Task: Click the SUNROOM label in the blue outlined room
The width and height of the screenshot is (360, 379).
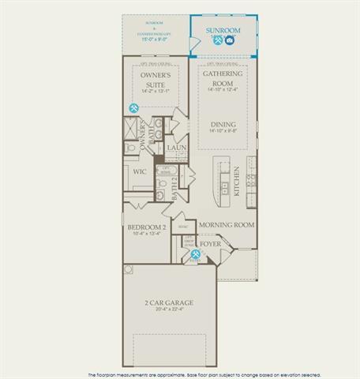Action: [x=223, y=30]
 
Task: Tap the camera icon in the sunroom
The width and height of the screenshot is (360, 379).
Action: [x=229, y=39]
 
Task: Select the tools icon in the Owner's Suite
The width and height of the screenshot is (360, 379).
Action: [x=134, y=108]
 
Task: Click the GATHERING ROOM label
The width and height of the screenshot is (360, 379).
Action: [x=223, y=77]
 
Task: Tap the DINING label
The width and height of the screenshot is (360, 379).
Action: [x=223, y=124]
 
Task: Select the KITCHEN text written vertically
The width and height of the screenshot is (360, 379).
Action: [x=236, y=181]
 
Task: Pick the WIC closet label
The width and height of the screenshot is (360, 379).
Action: [x=141, y=171]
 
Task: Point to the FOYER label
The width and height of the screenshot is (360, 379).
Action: [x=209, y=245]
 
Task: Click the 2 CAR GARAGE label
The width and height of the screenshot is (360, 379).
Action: [x=168, y=302]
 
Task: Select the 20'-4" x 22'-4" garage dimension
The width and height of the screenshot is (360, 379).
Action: [x=168, y=310]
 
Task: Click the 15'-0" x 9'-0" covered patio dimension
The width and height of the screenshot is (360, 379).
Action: [x=156, y=39]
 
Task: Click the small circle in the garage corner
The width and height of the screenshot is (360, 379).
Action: [x=128, y=269]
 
